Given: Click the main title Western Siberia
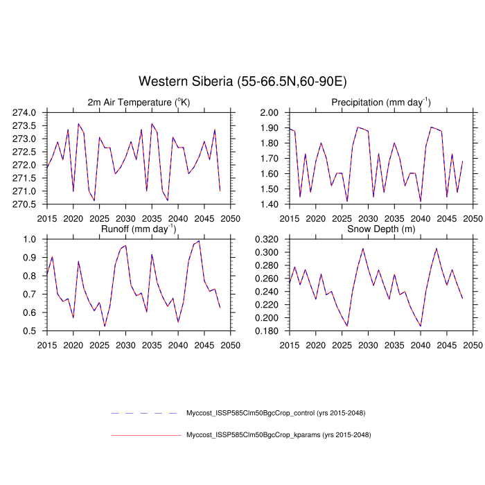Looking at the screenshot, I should coord(242,82).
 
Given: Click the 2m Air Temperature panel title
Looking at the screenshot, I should coord(139,103).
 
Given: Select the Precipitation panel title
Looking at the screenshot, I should coord(380,103).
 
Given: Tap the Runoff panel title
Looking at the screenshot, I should coord(139,229).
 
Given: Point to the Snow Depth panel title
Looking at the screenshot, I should coord(380,229).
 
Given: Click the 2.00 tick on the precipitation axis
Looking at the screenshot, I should coord(270,112).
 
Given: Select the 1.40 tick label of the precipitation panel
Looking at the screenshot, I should coord(270,204).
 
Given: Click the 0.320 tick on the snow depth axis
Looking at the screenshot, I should coord(266,239).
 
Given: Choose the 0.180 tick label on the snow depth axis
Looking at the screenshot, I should coord(266,331).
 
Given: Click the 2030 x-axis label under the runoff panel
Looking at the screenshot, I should coord(125,344).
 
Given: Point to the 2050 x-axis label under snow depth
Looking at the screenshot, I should coord(473,344).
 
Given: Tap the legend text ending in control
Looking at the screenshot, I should coord(276,414).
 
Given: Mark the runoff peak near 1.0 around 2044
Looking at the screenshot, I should coord(200,241).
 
